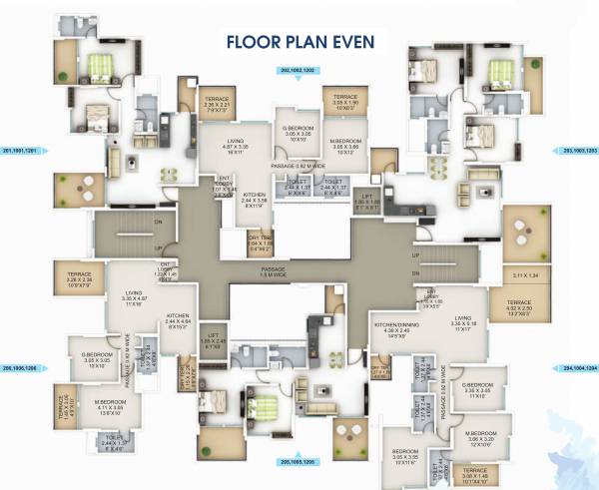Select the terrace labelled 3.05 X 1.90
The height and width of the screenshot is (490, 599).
pyautogui.click(x=345, y=104)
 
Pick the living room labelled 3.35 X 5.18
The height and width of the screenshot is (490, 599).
pyautogui.click(x=461, y=322)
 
